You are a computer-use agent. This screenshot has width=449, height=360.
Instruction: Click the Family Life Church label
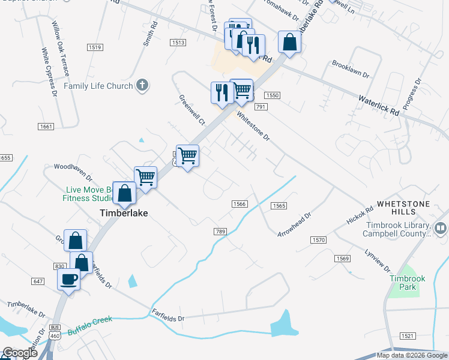[98, 86]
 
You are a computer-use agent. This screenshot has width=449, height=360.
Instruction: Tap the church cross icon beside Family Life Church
[142, 85]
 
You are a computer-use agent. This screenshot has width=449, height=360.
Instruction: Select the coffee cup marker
[68, 279]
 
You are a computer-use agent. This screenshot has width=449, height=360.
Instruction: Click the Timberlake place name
[123, 213]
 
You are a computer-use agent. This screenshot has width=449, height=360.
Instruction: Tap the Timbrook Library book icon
[441, 227]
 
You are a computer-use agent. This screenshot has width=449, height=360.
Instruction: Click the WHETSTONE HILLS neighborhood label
[403, 208]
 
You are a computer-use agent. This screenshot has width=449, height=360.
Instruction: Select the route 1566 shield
[240, 204]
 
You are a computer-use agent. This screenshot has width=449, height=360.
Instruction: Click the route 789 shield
[220, 231]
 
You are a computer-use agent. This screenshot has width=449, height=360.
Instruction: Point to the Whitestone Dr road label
[253, 125]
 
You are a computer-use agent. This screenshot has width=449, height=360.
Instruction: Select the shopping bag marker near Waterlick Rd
[289, 43]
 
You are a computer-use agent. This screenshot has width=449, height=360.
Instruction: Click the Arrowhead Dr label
[294, 224]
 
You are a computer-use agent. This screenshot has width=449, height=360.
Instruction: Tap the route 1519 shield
[94, 47]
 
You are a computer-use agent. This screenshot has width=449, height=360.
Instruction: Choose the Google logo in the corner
[20, 353]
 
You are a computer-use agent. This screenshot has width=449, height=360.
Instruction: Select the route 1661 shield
[45, 126]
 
